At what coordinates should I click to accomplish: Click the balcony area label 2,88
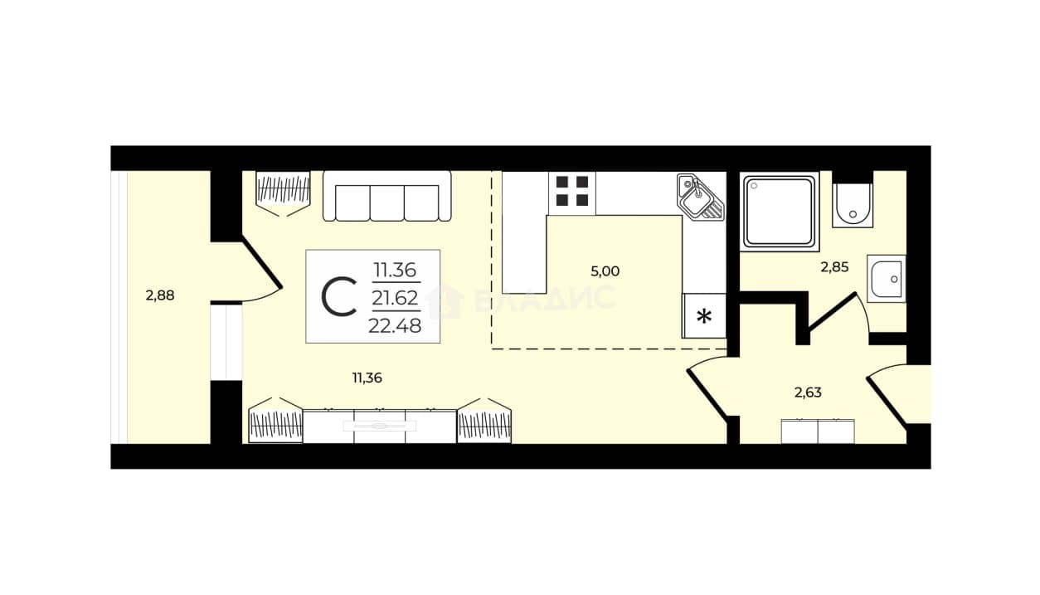[x=160, y=295]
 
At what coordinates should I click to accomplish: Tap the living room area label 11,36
[x=367, y=378]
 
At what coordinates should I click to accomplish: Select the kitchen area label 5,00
[x=605, y=271]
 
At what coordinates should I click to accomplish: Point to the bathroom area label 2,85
[x=834, y=267]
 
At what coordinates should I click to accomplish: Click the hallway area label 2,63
[x=808, y=393]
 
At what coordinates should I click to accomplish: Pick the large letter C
[x=339, y=297]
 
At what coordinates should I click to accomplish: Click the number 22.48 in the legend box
[x=395, y=326]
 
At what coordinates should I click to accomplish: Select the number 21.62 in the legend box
[x=395, y=298]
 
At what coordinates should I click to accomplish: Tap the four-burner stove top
[x=572, y=191]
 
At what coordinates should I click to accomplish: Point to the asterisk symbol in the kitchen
[x=704, y=317]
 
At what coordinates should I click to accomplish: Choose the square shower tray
[x=780, y=212]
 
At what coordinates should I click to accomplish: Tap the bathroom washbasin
[x=887, y=279]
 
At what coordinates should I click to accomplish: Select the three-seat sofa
[x=386, y=196]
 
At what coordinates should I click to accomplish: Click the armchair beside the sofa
[x=283, y=193]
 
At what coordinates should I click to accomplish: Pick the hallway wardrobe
[x=818, y=432]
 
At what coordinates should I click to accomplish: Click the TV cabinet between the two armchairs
[x=380, y=426]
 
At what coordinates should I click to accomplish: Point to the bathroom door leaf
[x=833, y=311]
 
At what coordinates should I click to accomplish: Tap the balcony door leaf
[x=262, y=263]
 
